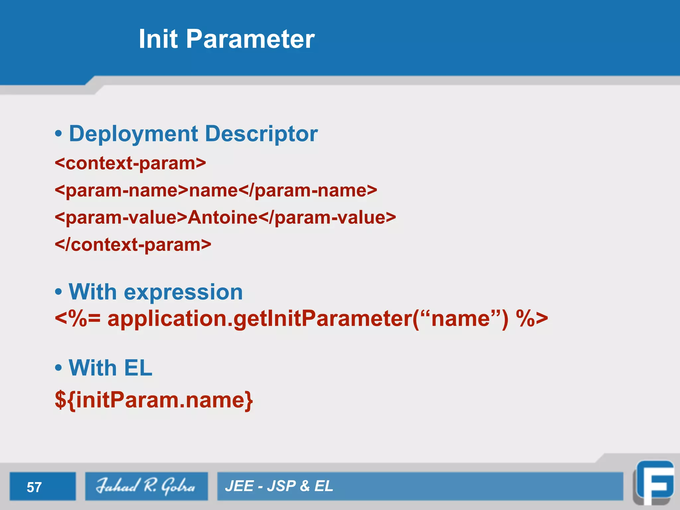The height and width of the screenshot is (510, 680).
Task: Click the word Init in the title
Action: [158, 39]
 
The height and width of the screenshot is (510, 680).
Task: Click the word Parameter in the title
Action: [250, 39]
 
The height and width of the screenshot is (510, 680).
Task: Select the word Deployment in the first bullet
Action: [133, 134]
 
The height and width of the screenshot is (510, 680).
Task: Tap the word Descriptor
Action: [261, 134]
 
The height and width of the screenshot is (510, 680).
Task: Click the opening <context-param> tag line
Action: [130, 163]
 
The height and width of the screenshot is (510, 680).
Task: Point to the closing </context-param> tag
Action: [133, 245]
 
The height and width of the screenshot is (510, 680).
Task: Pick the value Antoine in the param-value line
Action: [222, 218]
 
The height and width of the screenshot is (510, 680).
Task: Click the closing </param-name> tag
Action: [308, 191]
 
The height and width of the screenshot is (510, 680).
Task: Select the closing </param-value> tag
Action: [327, 218]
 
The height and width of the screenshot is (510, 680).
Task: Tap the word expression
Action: [183, 292]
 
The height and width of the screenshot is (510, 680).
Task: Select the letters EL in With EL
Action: [138, 368]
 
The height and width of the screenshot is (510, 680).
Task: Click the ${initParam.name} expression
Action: [154, 400]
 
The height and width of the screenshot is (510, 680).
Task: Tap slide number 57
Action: [34, 487]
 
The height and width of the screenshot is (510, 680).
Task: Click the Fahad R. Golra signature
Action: [146, 486]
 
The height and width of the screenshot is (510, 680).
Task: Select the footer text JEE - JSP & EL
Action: [279, 486]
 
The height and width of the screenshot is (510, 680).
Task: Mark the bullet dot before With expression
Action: [58, 292]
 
